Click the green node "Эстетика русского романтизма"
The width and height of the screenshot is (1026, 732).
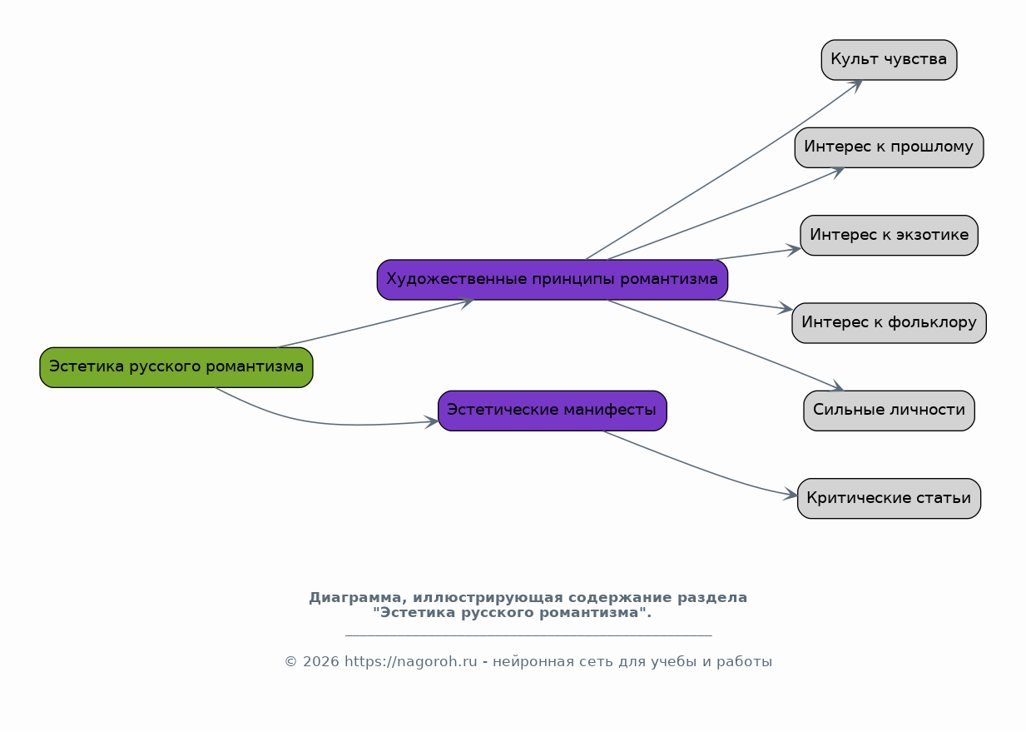point(176,367)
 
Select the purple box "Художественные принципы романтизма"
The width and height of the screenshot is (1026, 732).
point(553,280)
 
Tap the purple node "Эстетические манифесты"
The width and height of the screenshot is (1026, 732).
point(553,411)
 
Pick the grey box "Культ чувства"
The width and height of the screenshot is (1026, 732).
point(889,60)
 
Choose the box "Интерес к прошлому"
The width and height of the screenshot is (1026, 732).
point(889,147)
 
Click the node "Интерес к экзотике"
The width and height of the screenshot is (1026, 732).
point(889,235)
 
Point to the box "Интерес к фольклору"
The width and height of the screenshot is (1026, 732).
point(889,322)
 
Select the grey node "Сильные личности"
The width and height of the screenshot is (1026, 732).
point(889,411)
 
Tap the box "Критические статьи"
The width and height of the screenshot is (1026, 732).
point(889,498)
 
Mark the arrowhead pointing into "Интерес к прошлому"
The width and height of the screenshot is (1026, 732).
point(836,172)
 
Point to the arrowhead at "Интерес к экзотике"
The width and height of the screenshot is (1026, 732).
point(793,251)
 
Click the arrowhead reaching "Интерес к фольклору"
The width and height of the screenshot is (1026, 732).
point(786,308)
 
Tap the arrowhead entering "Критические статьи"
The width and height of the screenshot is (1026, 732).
point(791,494)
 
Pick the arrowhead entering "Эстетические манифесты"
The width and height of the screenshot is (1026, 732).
point(431,421)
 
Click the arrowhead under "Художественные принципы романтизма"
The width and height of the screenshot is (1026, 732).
point(466,303)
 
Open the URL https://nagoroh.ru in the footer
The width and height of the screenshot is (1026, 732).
point(411,661)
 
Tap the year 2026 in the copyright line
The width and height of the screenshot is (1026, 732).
point(320,661)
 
